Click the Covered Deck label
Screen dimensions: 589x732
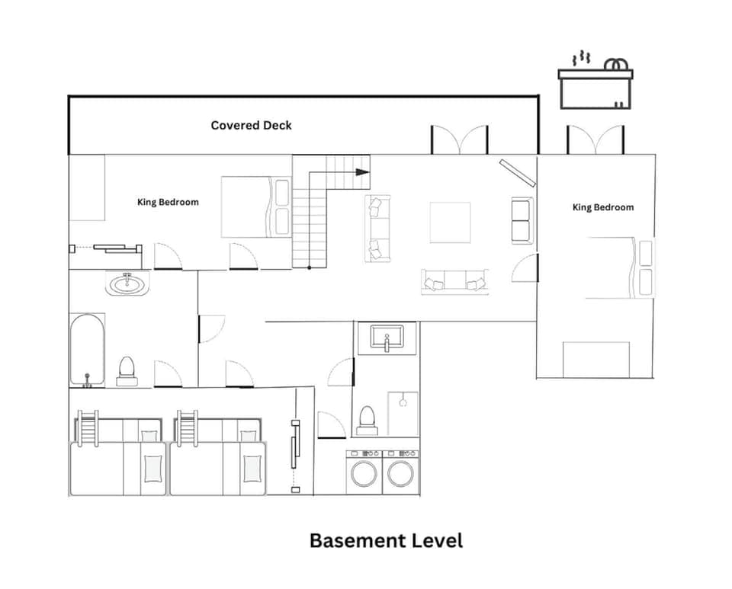click(251, 125)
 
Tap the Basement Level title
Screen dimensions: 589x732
click(386, 541)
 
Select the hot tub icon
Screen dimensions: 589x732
click(596, 82)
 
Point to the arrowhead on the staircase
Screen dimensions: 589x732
click(362, 172)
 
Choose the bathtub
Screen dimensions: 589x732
click(88, 349)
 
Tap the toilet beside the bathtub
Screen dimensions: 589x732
click(127, 370)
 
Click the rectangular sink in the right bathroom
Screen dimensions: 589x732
click(393, 336)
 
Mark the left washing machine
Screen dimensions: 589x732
click(364, 472)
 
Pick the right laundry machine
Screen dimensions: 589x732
click(400, 472)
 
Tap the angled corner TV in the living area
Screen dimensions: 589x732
click(516, 172)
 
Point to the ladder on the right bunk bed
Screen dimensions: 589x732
click(187, 431)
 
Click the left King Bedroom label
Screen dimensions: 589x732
click(168, 202)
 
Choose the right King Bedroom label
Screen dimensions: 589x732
click(602, 207)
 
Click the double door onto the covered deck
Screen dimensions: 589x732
click(460, 140)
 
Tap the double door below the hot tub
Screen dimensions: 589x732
click(596, 140)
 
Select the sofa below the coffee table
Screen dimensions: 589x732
click(454, 282)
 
